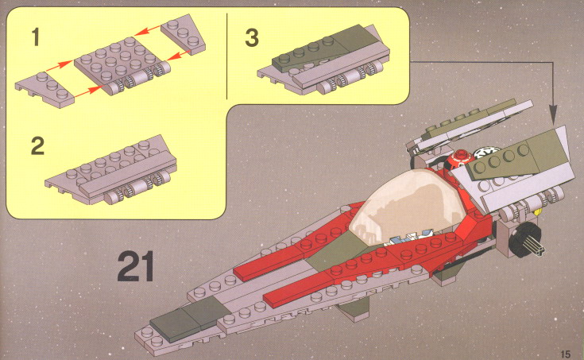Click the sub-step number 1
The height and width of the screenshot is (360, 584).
(36, 37)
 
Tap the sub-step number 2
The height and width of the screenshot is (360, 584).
(37, 146)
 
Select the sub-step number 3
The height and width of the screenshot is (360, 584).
(252, 38)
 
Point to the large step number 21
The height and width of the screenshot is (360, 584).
(136, 266)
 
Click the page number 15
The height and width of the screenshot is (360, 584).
(565, 354)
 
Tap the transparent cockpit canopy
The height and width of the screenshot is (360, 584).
(406, 207)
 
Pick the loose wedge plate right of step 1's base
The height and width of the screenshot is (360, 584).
(184, 34)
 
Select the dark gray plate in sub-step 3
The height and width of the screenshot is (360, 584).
(324, 48)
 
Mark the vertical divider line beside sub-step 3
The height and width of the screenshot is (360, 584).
(226, 56)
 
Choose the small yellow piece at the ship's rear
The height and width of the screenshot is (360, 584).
(536, 213)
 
